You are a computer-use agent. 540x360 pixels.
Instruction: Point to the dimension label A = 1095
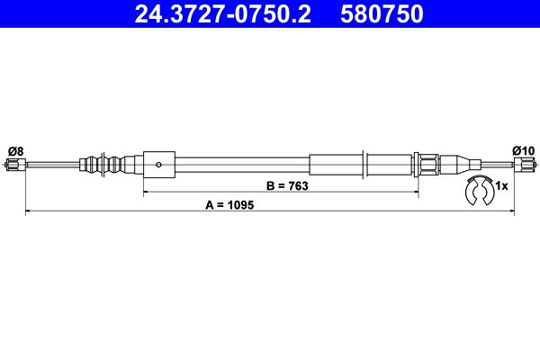[x=230, y=205]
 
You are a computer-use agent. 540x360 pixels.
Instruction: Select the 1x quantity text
[x=502, y=186]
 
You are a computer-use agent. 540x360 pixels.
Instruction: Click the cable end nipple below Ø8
[x=14, y=165]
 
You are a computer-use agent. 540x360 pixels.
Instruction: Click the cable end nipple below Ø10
[x=525, y=165]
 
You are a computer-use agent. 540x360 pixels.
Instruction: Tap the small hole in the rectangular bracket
[x=158, y=165]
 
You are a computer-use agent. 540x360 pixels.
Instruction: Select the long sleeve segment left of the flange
[x=335, y=165]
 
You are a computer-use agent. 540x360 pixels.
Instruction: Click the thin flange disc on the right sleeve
[x=364, y=165]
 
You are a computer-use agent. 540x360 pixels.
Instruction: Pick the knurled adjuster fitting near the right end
[x=428, y=165]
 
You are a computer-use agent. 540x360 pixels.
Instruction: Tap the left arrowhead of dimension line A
[x=27, y=212]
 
